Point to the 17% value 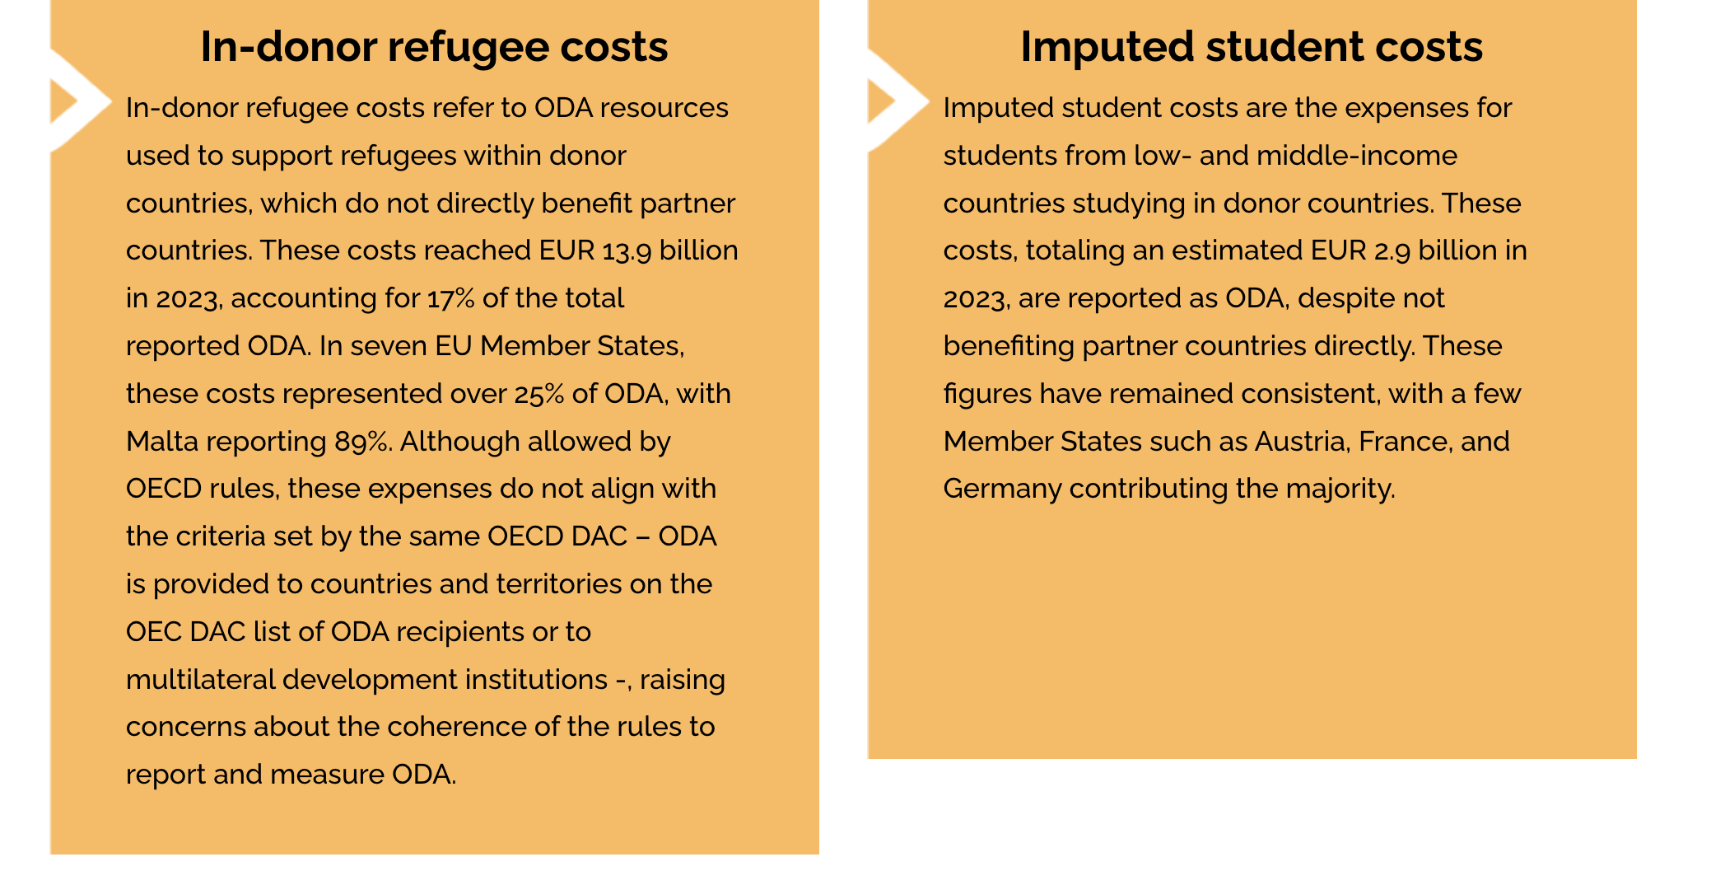[451, 298]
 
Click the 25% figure [539, 394]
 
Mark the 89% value [361, 442]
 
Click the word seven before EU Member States [385, 346]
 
